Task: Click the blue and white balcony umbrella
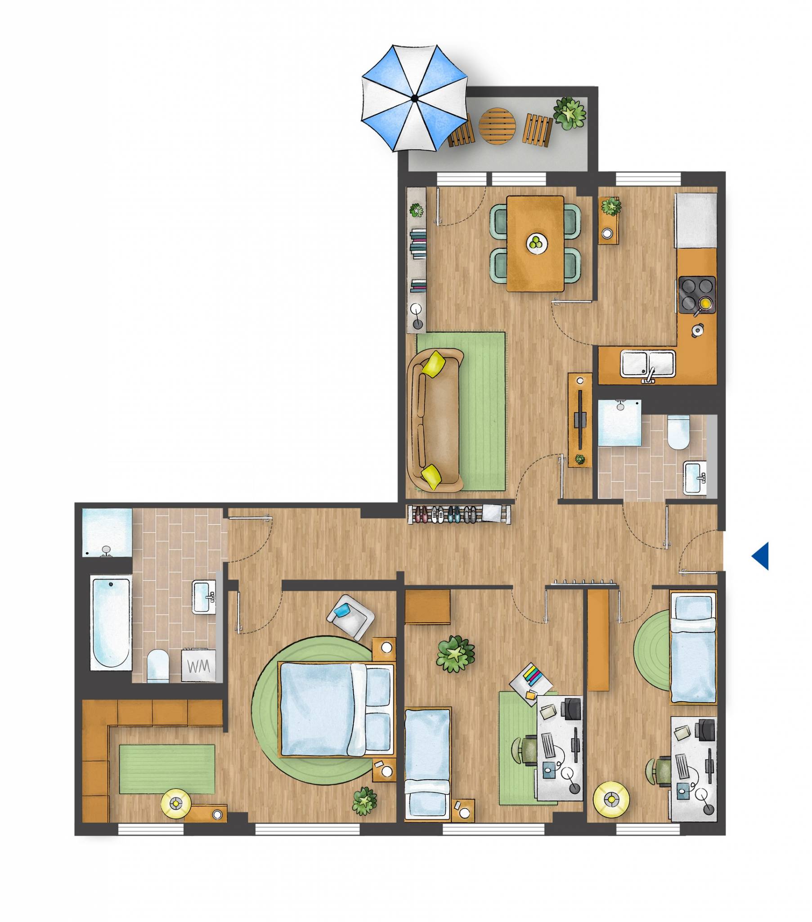click(x=414, y=98)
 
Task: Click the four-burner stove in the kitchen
click(x=696, y=294)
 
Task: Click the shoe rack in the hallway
click(x=459, y=514)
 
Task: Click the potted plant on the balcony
click(x=570, y=113)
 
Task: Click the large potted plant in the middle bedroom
click(x=455, y=654)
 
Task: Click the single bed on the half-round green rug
click(x=693, y=647)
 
